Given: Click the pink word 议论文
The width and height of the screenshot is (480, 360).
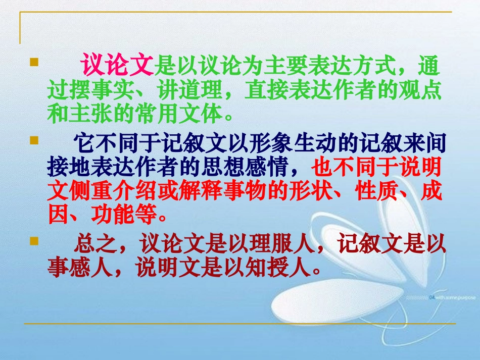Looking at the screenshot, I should [x=117, y=66].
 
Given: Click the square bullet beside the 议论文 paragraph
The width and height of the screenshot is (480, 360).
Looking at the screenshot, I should [x=34, y=63].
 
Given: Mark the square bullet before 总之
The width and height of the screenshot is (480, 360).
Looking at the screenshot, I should [x=34, y=241].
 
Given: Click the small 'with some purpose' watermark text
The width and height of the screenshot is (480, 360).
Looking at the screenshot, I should [x=452, y=298].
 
